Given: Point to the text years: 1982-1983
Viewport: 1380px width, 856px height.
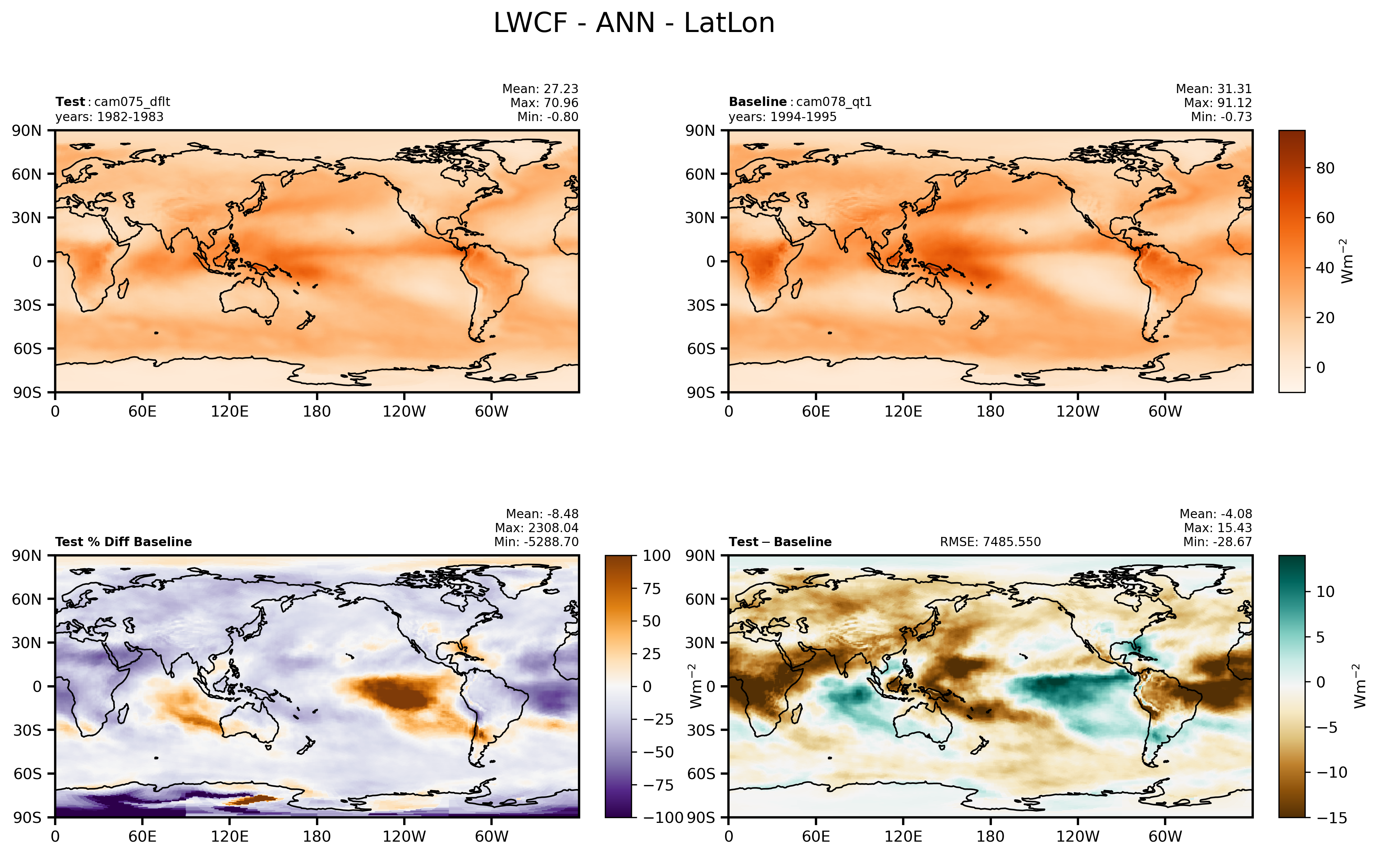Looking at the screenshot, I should pyautogui.click(x=109, y=117).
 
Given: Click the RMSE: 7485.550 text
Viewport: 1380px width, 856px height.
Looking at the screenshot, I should pyautogui.click(x=990, y=542).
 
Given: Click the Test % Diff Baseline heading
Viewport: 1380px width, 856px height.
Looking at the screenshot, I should pyautogui.click(x=123, y=542).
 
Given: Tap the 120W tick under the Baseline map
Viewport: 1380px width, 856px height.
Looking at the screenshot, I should pyautogui.click(x=1077, y=411).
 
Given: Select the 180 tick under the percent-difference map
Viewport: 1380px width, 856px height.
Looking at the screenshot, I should pyautogui.click(x=316, y=836).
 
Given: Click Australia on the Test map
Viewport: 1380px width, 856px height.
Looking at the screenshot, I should pyautogui.click(x=249, y=297).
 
